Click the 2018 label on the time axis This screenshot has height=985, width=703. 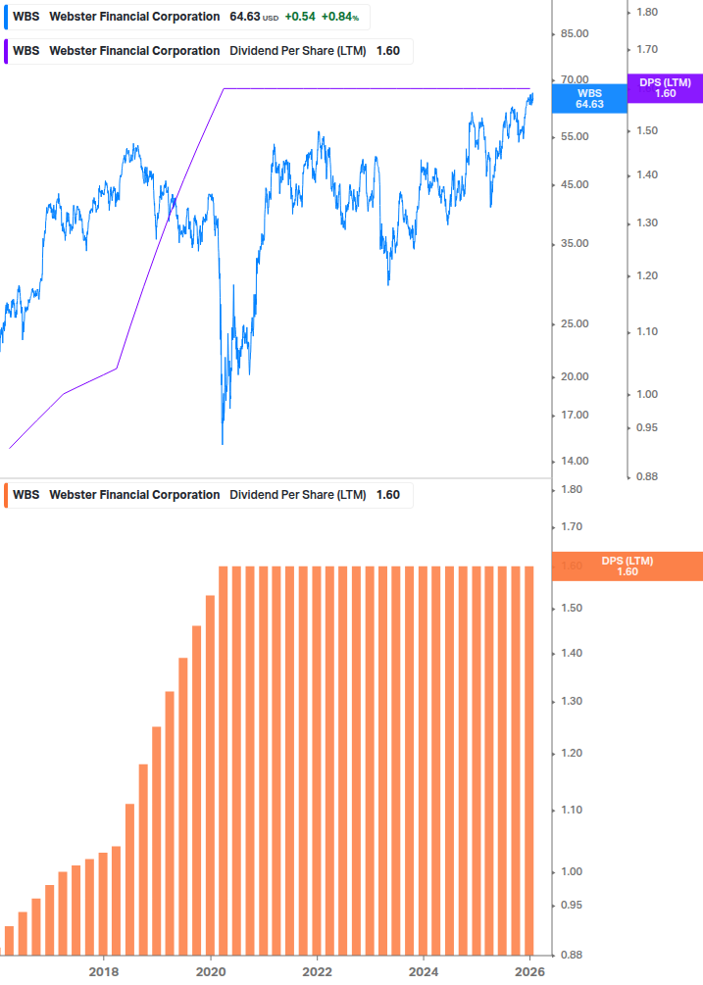click(103, 971)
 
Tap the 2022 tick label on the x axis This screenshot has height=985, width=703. click(317, 971)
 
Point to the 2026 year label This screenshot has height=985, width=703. click(529, 971)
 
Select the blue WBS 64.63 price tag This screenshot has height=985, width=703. click(589, 98)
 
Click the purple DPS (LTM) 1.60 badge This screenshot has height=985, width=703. click(665, 88)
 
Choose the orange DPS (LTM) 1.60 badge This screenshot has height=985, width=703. click(628, 566)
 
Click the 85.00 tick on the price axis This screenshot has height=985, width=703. click(574, 33)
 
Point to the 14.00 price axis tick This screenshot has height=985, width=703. click(574, 461)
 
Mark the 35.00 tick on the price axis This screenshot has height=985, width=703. click(574, 243)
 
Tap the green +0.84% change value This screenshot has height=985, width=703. click(340, 17)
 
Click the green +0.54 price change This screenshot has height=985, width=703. click(300, 17)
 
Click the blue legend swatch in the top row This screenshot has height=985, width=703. click(5, 17)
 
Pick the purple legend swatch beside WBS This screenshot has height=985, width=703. click(5, 51)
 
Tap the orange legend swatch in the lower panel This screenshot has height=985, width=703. click(5, 495)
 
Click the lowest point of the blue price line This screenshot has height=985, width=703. click(223, 444)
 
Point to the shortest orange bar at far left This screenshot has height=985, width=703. click(10, 940)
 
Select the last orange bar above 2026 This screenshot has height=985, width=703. click(529, 760)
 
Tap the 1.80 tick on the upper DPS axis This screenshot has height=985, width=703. click(646, 12)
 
